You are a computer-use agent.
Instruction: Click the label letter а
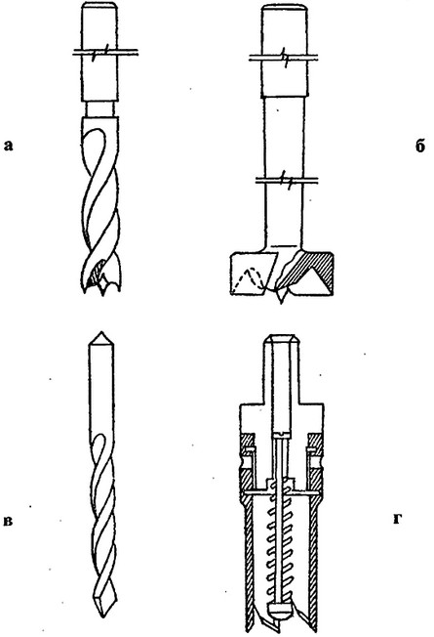click(x=8, y=146)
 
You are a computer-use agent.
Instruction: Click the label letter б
click(x=420, y=146)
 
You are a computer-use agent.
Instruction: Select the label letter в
click(x=8, y=521)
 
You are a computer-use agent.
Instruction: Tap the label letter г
click(x=398, y=519)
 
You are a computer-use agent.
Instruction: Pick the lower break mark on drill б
click(x=286, y=179)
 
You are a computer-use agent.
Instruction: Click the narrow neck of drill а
click(x=99, y=108)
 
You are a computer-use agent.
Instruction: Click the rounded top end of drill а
click(x=99, y=6)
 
